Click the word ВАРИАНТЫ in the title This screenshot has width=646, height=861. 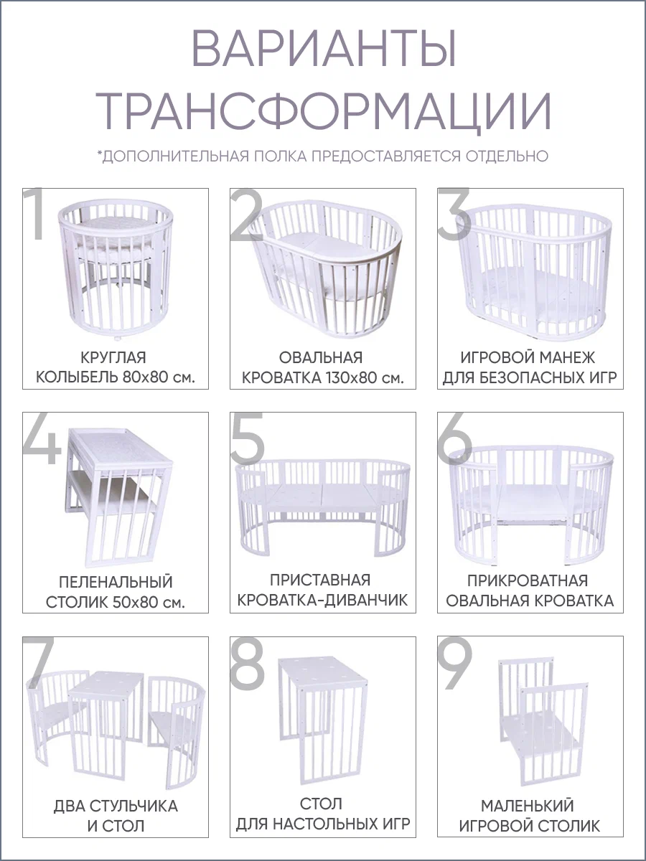point(324,54)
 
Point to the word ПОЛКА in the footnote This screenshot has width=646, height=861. point(281,156)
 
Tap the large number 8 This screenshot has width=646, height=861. point(247,664)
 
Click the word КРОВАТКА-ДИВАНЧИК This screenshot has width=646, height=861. point(322,600)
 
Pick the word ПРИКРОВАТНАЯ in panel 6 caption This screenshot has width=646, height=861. point(528,581)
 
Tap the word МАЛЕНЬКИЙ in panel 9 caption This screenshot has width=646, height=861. point(527,806)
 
